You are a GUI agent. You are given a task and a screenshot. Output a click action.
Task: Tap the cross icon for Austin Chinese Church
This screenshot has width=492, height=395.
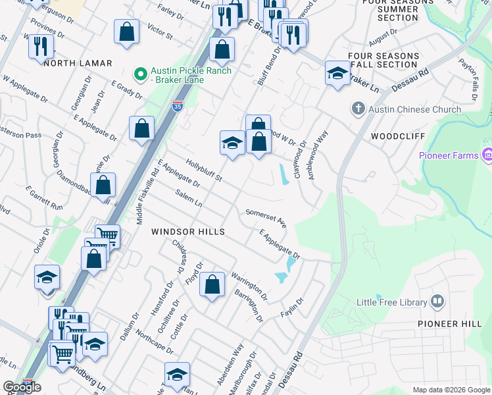pyautogui.click(x=358, y=108)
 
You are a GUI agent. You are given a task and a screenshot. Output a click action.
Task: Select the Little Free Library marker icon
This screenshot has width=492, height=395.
pyautogui.click(x=438, y=302)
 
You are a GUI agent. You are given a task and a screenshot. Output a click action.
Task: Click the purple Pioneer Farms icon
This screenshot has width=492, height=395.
pyautogui.click(x=487, y=156)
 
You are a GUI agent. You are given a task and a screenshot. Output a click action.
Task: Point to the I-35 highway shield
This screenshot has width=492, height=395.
pyautogui.click(x=178, y=105)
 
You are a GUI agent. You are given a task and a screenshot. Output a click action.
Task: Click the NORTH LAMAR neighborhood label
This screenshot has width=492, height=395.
pyautogui.click(x=78, y=63)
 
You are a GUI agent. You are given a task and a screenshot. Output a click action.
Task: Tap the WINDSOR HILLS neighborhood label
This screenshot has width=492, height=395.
pyautogui.click(x=188, y=232)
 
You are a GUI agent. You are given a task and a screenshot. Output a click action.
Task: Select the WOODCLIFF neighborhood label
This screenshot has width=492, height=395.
pyautogui.click(x=395, y=136)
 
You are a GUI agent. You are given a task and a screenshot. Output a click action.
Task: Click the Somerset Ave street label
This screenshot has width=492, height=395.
pyautogui.click(x=266, y=219)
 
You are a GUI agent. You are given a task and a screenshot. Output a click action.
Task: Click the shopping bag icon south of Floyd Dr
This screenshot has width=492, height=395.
pyautogui.click(x=212, y=286)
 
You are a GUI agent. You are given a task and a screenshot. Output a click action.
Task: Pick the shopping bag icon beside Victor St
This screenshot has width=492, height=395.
pyautogui.click(x=126, y=31)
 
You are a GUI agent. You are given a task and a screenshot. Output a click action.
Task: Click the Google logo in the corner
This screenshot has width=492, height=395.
pyautogui.click(x=22, y=387)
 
